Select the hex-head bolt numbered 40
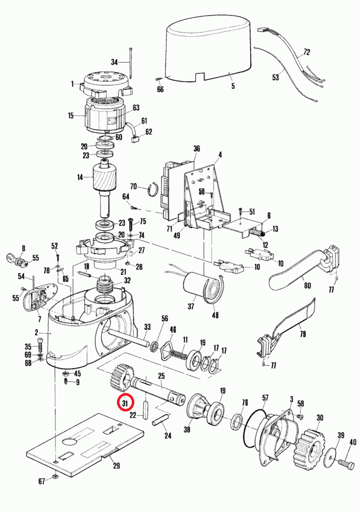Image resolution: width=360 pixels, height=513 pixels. tap(346, 464)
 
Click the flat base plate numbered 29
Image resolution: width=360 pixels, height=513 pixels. tap(87, 439)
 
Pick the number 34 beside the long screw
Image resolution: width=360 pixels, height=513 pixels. tap(114, 62)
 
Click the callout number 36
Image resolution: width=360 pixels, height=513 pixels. tap(197, 149)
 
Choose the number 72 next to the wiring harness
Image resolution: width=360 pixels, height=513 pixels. tap(306, 52)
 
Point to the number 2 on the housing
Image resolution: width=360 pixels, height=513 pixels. tap(36, 332)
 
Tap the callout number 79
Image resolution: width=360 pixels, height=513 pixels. tap(303, 334)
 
